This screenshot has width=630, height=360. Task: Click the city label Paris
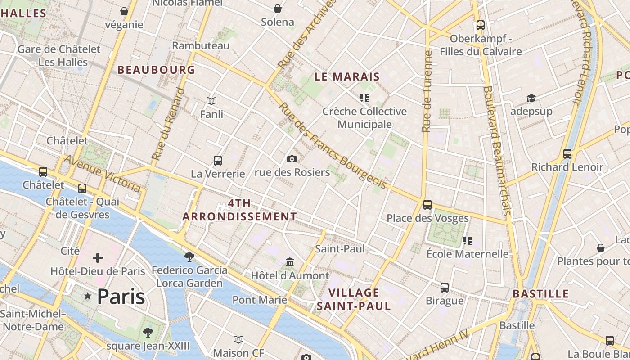tap(121, 297)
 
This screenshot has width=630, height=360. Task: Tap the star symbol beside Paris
tap(88, 296)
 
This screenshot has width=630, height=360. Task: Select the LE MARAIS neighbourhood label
tap(347, 76)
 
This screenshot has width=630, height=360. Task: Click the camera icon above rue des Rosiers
tap(292, 159)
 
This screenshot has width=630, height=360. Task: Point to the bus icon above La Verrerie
tap(218, 160)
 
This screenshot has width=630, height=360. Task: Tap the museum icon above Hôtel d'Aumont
tap(290, 262)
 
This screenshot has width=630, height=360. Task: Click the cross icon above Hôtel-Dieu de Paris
tap(98, 258)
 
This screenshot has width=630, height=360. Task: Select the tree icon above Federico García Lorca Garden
tap(189, 256)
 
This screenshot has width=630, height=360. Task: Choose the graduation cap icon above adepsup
tap(531, 98)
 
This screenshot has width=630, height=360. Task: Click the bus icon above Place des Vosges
tap(427, 205)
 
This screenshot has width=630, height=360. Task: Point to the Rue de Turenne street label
tap(427, 91)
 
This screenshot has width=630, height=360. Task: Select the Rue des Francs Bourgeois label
tap(333, 146)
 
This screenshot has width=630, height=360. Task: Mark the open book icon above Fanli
tap(211, 101)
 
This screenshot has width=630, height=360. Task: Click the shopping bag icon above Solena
tap(278, 8)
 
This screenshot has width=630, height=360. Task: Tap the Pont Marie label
tap(260, 300)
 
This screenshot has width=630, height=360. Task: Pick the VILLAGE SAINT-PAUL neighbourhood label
tap(354, 299)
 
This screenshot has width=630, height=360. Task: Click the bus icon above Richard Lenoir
tap(567, 154)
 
